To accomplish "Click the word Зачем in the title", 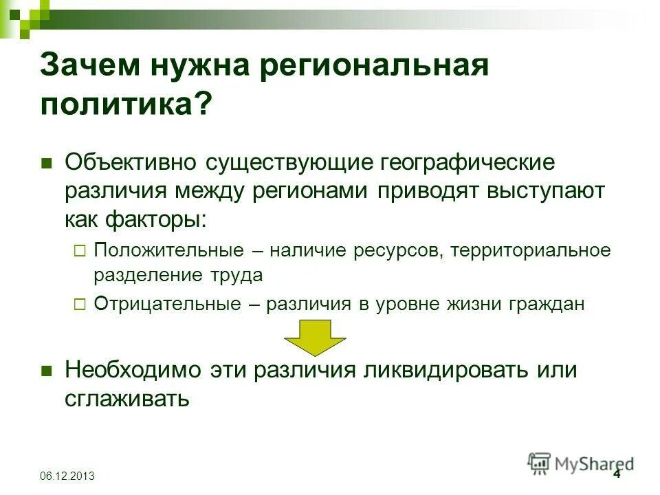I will (93, 67).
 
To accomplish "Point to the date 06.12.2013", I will (67, 476).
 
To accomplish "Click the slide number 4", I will (616, 474).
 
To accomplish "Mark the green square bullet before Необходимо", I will (47, 371).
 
